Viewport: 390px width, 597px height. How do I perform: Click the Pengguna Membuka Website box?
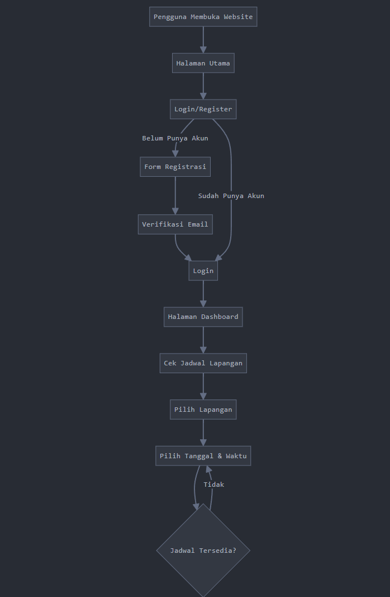click(203, 17)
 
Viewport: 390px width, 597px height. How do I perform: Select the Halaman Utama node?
click(203, 63)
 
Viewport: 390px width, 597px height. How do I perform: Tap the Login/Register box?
click(203, 109)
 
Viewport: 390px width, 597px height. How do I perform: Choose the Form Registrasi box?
click(175, 167)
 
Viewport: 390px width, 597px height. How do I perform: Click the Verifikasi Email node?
click(175, 224)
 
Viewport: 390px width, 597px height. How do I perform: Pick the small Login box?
click(203, 271)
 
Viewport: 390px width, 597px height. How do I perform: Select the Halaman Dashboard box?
click(203, 317)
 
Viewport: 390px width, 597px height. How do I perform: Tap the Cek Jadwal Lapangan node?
click(203, 363)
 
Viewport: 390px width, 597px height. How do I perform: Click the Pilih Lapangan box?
click(203, 410)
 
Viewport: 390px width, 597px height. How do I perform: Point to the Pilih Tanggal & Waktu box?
click(203, 456)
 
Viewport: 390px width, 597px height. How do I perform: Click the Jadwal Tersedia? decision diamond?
click(203, 551)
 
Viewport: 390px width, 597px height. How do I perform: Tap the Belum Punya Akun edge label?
click(175, 138)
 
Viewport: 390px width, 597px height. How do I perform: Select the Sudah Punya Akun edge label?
click(231, 196)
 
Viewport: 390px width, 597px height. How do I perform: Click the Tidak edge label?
click(213, 485)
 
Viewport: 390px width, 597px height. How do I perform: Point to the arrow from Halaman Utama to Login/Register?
click(203, 86)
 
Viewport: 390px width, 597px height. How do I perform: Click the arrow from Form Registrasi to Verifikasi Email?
click(175, 196)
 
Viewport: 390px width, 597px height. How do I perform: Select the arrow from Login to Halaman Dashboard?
click(203, 294)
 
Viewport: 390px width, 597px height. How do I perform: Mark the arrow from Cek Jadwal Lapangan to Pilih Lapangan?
click(203, 387)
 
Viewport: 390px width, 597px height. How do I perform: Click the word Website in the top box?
click(238, 17)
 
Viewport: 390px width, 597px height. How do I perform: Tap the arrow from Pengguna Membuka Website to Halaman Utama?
click(203, 40)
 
